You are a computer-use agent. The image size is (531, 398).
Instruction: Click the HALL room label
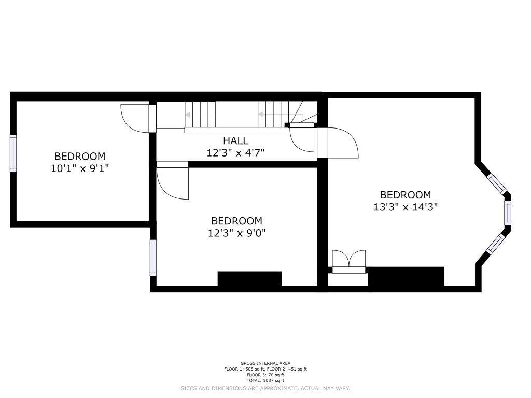pos(235,140)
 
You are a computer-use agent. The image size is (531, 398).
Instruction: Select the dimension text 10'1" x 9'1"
pos(80,168)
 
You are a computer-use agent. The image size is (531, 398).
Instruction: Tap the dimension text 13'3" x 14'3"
pos(406,207)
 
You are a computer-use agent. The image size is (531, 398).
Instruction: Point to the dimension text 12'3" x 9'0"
pos(236,233)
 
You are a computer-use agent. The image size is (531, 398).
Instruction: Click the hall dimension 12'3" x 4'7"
pos(236,153)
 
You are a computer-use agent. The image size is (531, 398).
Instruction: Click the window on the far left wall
pos(13,153)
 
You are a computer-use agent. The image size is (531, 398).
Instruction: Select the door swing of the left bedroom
pos(135,118)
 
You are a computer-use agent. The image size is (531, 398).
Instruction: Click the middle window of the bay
pos(507,213)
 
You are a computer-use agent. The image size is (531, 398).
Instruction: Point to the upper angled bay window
pos(497,184)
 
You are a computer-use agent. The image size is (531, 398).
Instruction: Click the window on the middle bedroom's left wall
pos(153,258)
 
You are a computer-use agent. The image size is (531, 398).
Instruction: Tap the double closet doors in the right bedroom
pos(349,261)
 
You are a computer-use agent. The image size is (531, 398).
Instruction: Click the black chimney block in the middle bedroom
pos(249,278)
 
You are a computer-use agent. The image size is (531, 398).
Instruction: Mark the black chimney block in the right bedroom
pos(406,277)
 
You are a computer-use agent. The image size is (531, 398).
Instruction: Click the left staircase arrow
pos(200,115)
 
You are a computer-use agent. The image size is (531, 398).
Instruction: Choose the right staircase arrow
pos(273,115)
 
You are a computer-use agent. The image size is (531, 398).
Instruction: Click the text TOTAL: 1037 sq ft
pos(265,381)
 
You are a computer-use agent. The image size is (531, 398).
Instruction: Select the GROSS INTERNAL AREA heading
pos(265,363)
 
